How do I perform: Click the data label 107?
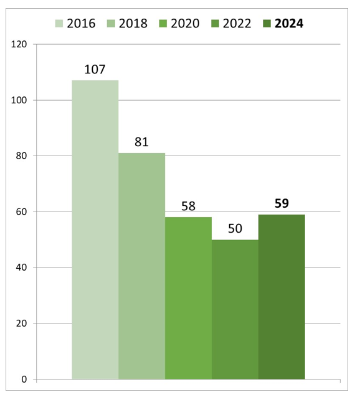click(x=95, y=69)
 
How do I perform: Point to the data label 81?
click(x=141, y=142)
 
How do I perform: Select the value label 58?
click(x=188, y=206)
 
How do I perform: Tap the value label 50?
click(x=235, y=228)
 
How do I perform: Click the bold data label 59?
click(x=282, y=203)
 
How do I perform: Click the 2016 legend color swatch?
click(x=60, y=24)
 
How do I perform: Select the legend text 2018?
click(x=132, y=24)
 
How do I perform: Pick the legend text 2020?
click(x=184, y=24)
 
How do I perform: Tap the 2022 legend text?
click(x=236, y=24)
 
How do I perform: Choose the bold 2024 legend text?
click(x=289, y=24)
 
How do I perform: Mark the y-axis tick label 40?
click(x=22, y=267)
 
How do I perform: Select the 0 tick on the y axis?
click(x=25, y=379)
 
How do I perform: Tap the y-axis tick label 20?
click(x=22, y=323)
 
